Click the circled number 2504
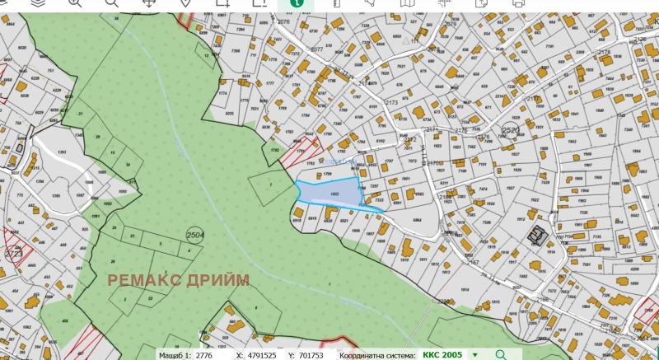click(195, 235)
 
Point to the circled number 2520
click(511, 131)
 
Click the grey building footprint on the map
click(538, 236)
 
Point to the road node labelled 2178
click(627, 53)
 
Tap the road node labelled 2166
click(543, 300)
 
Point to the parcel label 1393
click(60, 154)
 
